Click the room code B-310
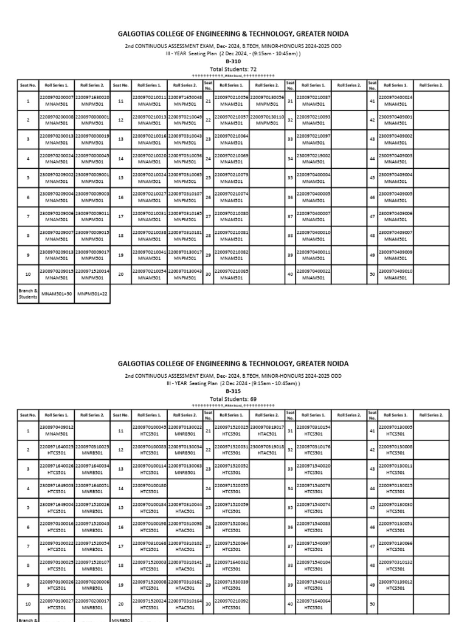pyautogui.click(x=233, y=61)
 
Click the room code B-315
pyautogui.click(x=233, y=392)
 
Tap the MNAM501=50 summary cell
pyautogui.click(x=57, y=293)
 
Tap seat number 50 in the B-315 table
pyautogui.click(x=372, y=604)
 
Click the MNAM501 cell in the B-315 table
pyautogui.click(x=57, y=434)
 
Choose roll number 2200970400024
pyautogui.click(x=396, y=97)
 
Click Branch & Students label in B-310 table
pyautogui.click(x=28, y=293)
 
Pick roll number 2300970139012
pyautogui.click(x=396, y=581)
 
